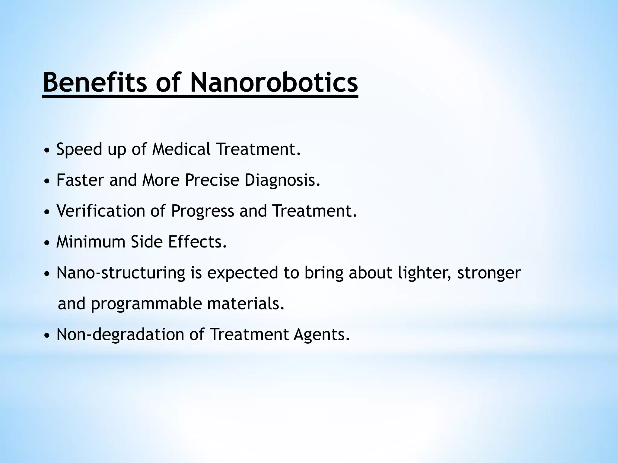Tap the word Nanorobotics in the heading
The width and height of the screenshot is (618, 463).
(274, 82)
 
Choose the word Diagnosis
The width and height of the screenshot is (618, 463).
(282, 181)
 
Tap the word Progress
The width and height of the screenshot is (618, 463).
(202, 211)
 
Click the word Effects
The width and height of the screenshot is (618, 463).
(198, 241)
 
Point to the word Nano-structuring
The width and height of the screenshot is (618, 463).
(121, 273)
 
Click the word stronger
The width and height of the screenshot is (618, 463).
(489, 273)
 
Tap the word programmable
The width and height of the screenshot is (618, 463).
(146, 304)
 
